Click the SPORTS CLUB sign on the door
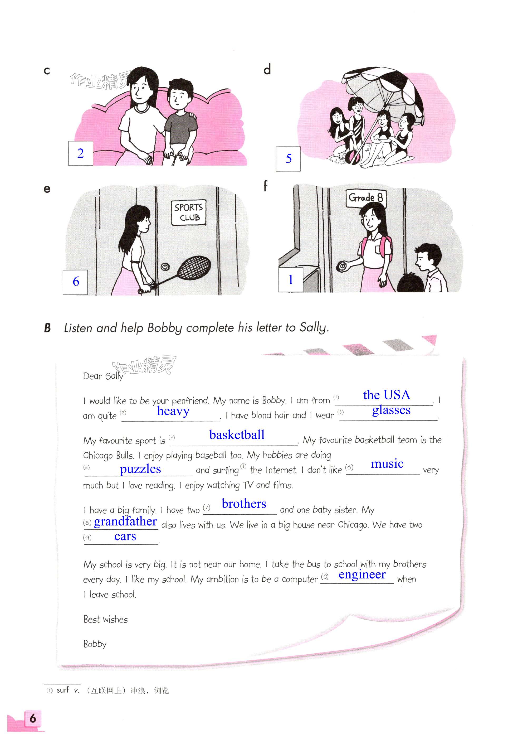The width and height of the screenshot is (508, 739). (188, 213)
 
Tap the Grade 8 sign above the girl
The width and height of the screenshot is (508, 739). (366, 198)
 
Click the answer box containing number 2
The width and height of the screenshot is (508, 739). (81, 153)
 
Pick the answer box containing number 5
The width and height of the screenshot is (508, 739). (288, 158)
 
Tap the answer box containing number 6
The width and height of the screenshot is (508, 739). (75, 282)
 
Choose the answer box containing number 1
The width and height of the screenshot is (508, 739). (291, 279)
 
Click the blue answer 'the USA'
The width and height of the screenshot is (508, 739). (387, 395)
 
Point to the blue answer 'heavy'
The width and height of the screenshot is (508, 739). (173, 411)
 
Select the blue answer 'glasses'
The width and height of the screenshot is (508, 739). (391, 410)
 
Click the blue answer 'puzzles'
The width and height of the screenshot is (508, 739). (140, 469)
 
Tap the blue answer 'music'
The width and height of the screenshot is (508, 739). (387, 463)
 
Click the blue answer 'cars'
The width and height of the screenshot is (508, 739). (125, 537)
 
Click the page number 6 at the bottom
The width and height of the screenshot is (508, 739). (32, 719)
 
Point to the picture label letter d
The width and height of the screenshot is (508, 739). (267, 69)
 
